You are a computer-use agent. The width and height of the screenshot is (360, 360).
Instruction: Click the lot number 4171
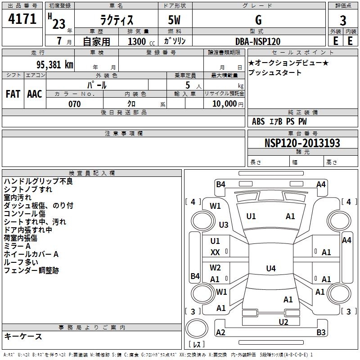click(x=22, y=18)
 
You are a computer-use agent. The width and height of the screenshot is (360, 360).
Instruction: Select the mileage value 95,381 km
click(x=55, y=64)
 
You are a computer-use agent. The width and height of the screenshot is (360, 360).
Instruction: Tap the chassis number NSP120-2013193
click(x=302, y=143)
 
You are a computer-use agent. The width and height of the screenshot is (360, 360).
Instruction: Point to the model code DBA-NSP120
click(x=258, y=41)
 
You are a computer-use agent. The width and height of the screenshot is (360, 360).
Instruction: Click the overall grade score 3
click(x=343, y=20)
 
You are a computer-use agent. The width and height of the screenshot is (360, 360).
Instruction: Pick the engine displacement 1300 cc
click(x=141, y=41)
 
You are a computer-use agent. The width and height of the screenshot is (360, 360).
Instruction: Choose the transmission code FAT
click(x=13, y=94)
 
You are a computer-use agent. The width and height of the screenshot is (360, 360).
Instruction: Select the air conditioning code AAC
click(x=35, y=94)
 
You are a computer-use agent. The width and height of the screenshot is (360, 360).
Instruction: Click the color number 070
click(x=75, y=104)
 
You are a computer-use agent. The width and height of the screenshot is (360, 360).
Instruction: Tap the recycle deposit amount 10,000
click(x=225, y=104)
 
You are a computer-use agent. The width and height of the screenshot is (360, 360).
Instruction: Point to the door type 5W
click(x=174, y=20)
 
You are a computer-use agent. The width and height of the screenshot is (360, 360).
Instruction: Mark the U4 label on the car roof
click(x=271, y=268)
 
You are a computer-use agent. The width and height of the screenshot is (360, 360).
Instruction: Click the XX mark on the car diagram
click(x=215, y=252)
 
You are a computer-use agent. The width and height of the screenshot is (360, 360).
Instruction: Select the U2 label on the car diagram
click(x=283, y=322)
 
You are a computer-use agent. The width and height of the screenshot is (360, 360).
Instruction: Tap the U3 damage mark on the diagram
click(x=224, y=225)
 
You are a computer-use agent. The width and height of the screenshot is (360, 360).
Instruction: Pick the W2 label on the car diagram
click(x=215, y=267)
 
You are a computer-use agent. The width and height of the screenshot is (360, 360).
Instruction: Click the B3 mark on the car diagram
click(x=321, y=332)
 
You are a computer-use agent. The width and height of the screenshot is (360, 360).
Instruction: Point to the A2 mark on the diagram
click(x=220, y=332)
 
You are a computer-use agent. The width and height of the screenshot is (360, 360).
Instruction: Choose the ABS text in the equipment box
click(x=258, y=121)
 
